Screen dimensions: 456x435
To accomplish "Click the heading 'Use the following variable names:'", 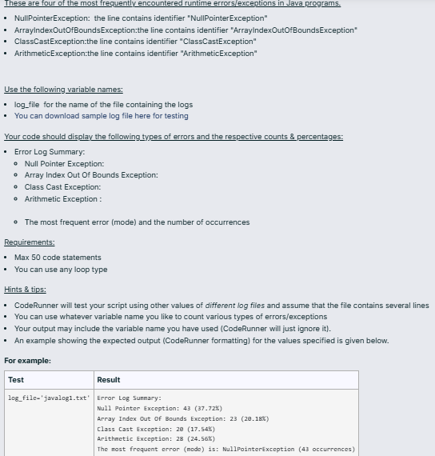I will click(x=64, y=90).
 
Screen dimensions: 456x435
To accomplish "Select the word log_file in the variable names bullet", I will click(x=28, y=105).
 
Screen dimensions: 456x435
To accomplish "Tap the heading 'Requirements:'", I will click(x=30, y=242).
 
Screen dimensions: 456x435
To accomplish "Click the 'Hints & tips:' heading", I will click(x=25, y=290).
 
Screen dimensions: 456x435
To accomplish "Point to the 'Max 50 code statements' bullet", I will click(x=58, y=258).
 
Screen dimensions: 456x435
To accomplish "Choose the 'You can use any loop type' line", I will click(x=61, y=270).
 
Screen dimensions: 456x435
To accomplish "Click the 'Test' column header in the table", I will click(x=16, y=380).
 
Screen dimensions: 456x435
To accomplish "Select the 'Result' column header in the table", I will click(x=108, y=380).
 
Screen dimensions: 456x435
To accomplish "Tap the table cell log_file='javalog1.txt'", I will click(x=49, y=398).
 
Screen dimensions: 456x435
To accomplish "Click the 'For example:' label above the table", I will click(x=27, y=361).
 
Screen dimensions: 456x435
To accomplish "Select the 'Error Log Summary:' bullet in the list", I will click(x=50, y=152).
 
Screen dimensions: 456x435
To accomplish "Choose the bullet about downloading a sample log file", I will click(x=102, y=116).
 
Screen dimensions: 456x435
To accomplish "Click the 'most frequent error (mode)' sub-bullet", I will click(x=137, y=222).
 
